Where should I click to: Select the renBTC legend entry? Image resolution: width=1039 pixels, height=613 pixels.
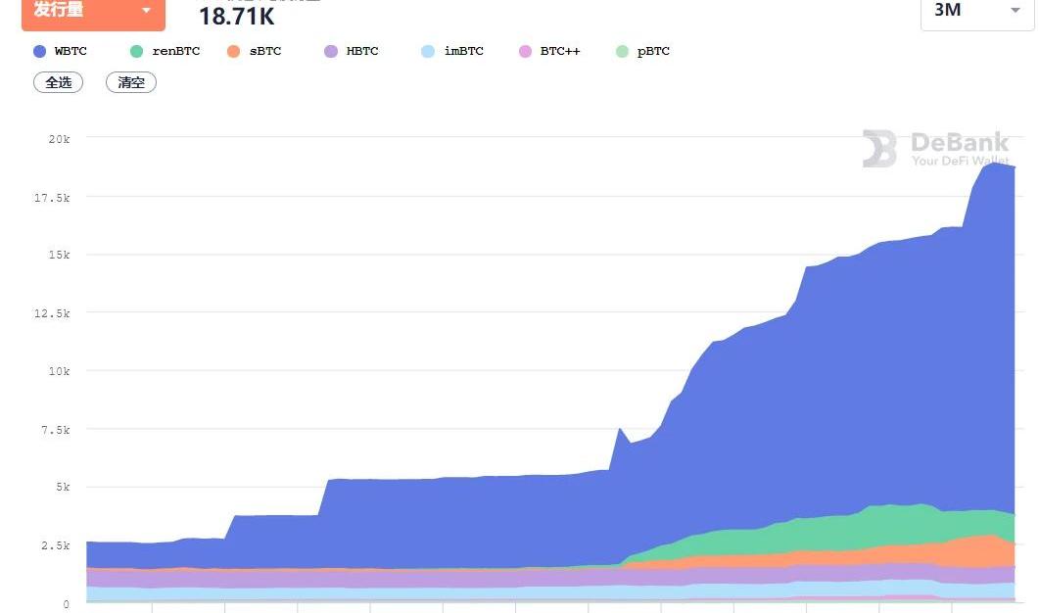[x=165, y=51]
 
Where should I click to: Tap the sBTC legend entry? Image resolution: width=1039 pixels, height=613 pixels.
[x=254, y=51]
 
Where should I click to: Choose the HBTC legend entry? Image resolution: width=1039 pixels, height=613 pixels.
[x=352, y=51]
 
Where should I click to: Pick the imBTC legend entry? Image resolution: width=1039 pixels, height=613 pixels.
[x=452, y=51]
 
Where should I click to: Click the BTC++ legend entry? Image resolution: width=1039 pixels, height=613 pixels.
[x=550, y=51]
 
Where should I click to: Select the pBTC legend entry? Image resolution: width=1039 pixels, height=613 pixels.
[x=643, y=51]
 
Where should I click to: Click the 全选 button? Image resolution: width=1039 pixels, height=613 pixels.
[x=59, y=82]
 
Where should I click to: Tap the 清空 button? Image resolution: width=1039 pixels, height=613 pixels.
[x=131, y=82]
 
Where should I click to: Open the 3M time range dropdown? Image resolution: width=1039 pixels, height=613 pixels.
[x=976, y=11]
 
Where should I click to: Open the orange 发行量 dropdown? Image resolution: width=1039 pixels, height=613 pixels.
[x=93, y=11]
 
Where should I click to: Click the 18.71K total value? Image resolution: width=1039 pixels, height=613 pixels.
[x=237, y=16]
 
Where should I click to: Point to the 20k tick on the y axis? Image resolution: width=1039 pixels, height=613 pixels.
[x=59, y=139]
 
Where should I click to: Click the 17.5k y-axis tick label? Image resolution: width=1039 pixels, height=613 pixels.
[x=54, y=198]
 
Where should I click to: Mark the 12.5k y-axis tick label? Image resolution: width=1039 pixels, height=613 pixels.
[x=54, y=313]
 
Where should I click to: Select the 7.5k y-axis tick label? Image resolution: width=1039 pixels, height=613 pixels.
[x=57, y=430]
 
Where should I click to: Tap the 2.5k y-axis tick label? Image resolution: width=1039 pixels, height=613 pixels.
[x=57, y=545]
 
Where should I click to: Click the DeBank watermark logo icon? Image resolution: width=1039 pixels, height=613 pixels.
[x=879, y=149]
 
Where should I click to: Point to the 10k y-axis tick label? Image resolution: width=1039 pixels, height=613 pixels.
[x=59, y=371]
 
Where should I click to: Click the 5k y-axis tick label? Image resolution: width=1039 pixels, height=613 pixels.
[x=62, y=488]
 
